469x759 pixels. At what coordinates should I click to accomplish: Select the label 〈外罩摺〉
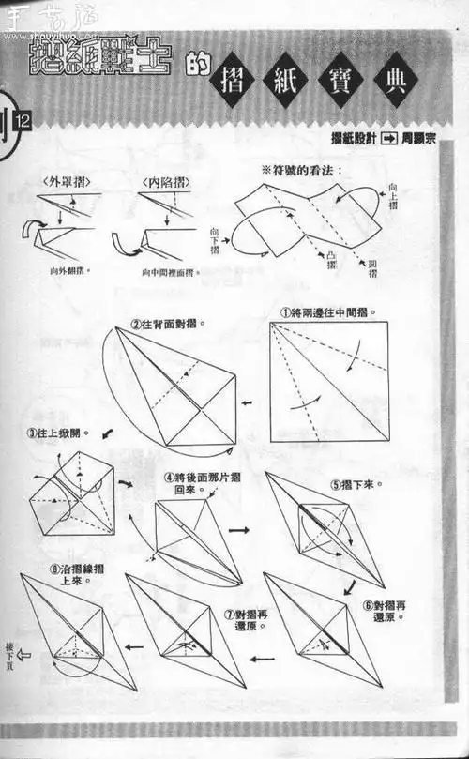[65, 181]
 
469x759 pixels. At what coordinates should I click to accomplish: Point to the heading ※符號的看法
[301, 170]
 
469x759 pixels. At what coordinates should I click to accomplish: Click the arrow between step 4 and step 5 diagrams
[239, 531]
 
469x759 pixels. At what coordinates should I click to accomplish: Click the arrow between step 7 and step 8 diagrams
[134, 646]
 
